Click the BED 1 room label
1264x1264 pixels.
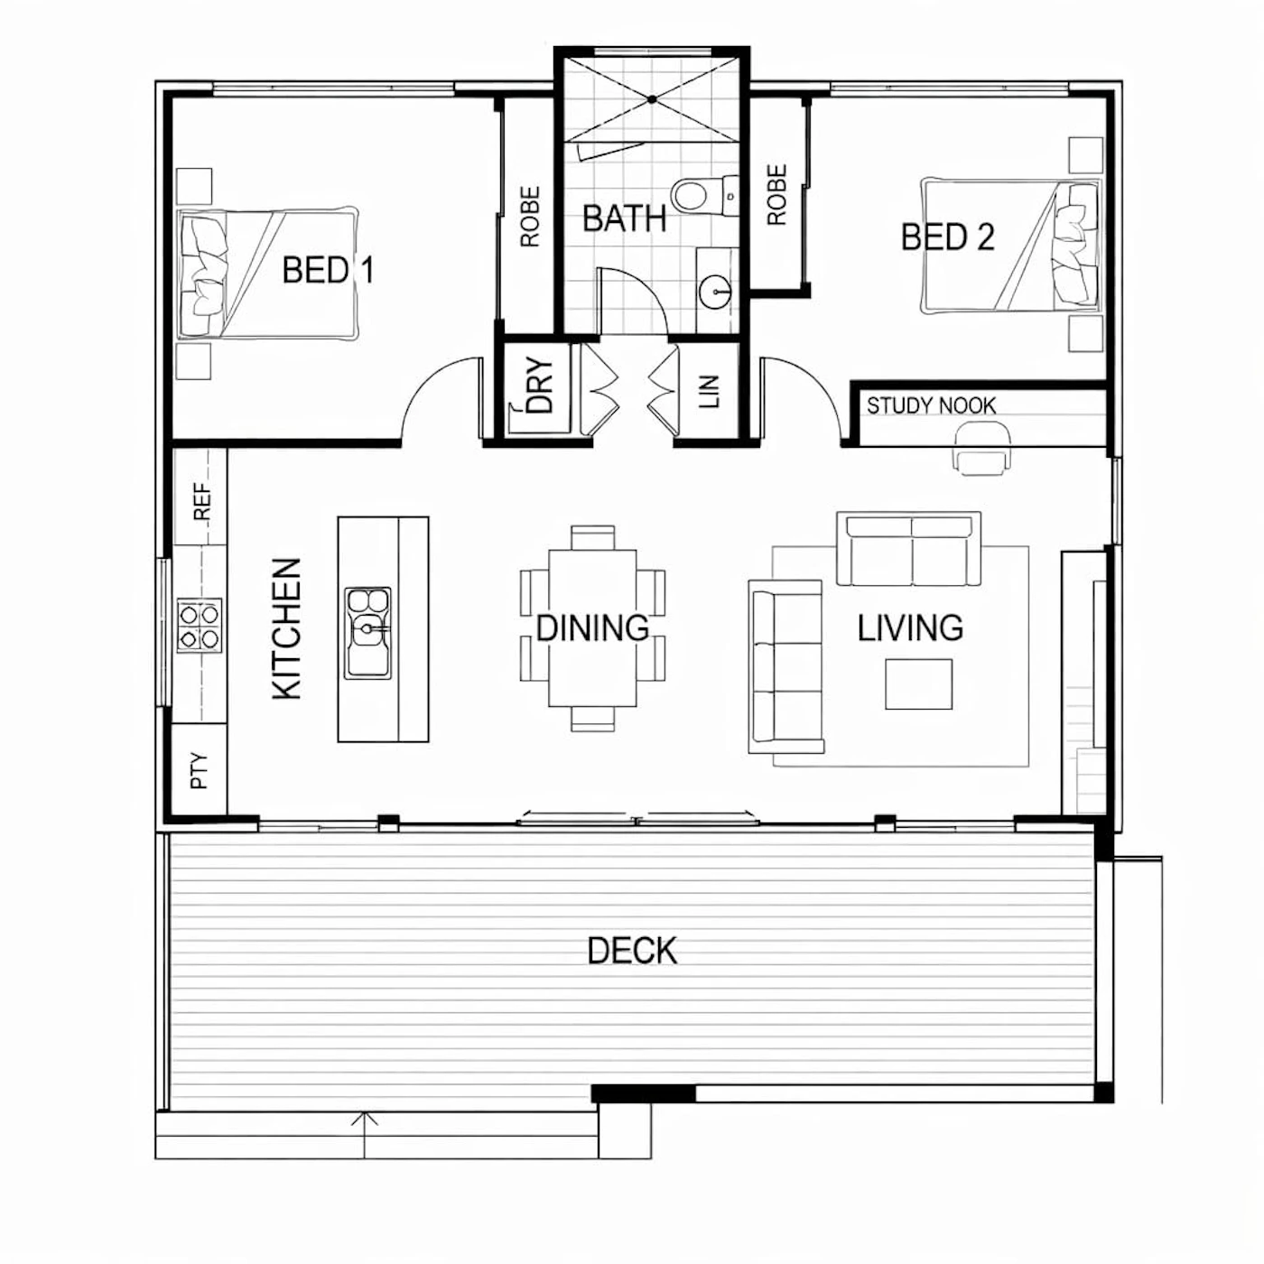328,270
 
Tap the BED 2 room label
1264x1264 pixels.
947,237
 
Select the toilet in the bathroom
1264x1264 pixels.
702,195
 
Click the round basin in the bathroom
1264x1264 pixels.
715,292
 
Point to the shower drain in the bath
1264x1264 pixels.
652,99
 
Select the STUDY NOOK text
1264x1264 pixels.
931,405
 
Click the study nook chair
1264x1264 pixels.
981,447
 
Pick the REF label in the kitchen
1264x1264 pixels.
202,502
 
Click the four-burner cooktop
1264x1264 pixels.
199,625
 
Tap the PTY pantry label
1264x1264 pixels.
199,770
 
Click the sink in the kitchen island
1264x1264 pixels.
367,632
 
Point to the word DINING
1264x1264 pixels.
592,627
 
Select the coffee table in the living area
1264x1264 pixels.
918,684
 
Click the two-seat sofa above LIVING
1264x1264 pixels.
908,548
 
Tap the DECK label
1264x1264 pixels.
632,951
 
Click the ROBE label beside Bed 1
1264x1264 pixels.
529,217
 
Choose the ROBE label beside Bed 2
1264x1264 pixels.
776,195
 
